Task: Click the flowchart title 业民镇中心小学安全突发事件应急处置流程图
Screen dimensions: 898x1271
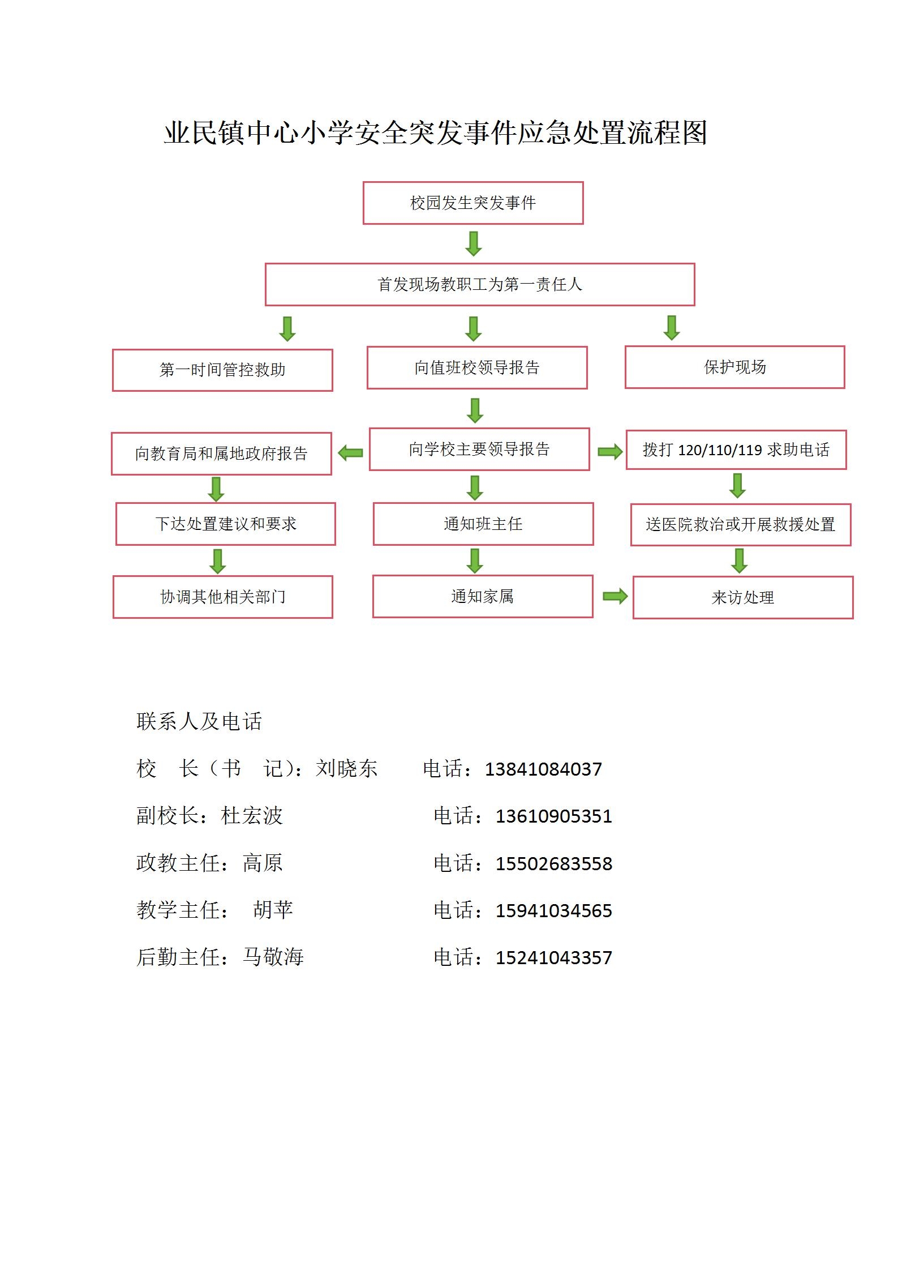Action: coord(436,133)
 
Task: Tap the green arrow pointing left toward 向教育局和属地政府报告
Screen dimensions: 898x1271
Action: coord(350,452)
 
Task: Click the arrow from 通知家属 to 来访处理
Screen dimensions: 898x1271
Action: coord(615,596)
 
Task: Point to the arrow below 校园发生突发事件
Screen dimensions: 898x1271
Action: coord(474,243)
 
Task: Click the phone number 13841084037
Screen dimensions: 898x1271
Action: coord(543,769)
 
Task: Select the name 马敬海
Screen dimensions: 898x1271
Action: coord(273,957)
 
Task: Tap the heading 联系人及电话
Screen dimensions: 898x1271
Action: coord(199,721)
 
